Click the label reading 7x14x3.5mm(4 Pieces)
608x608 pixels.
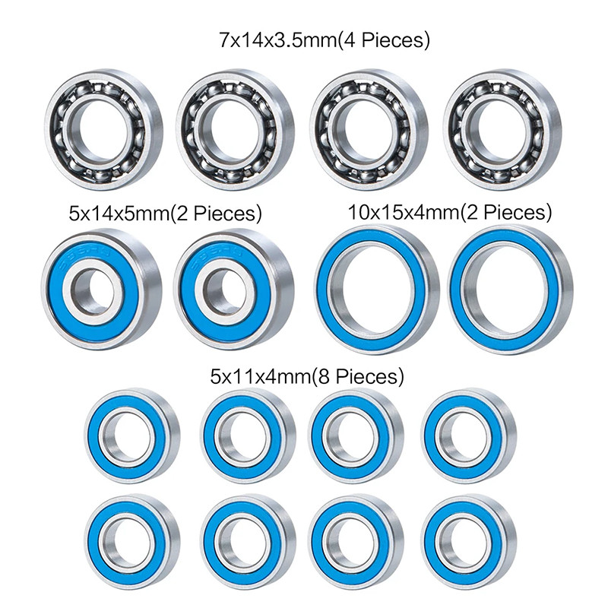[x=324, y=40]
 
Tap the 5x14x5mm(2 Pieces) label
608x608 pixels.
[x=165, y=214]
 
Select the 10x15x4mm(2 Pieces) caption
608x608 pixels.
[x=449, y=211]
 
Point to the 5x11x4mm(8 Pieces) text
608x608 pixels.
[x=306, y=375]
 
